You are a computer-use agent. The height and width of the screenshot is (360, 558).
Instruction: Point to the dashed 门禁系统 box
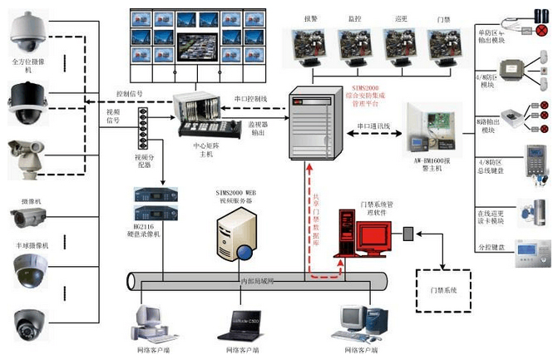444,289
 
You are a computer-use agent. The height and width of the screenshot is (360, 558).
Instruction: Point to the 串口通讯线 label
373,126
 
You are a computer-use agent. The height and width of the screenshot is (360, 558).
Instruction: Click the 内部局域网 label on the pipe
258,282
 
